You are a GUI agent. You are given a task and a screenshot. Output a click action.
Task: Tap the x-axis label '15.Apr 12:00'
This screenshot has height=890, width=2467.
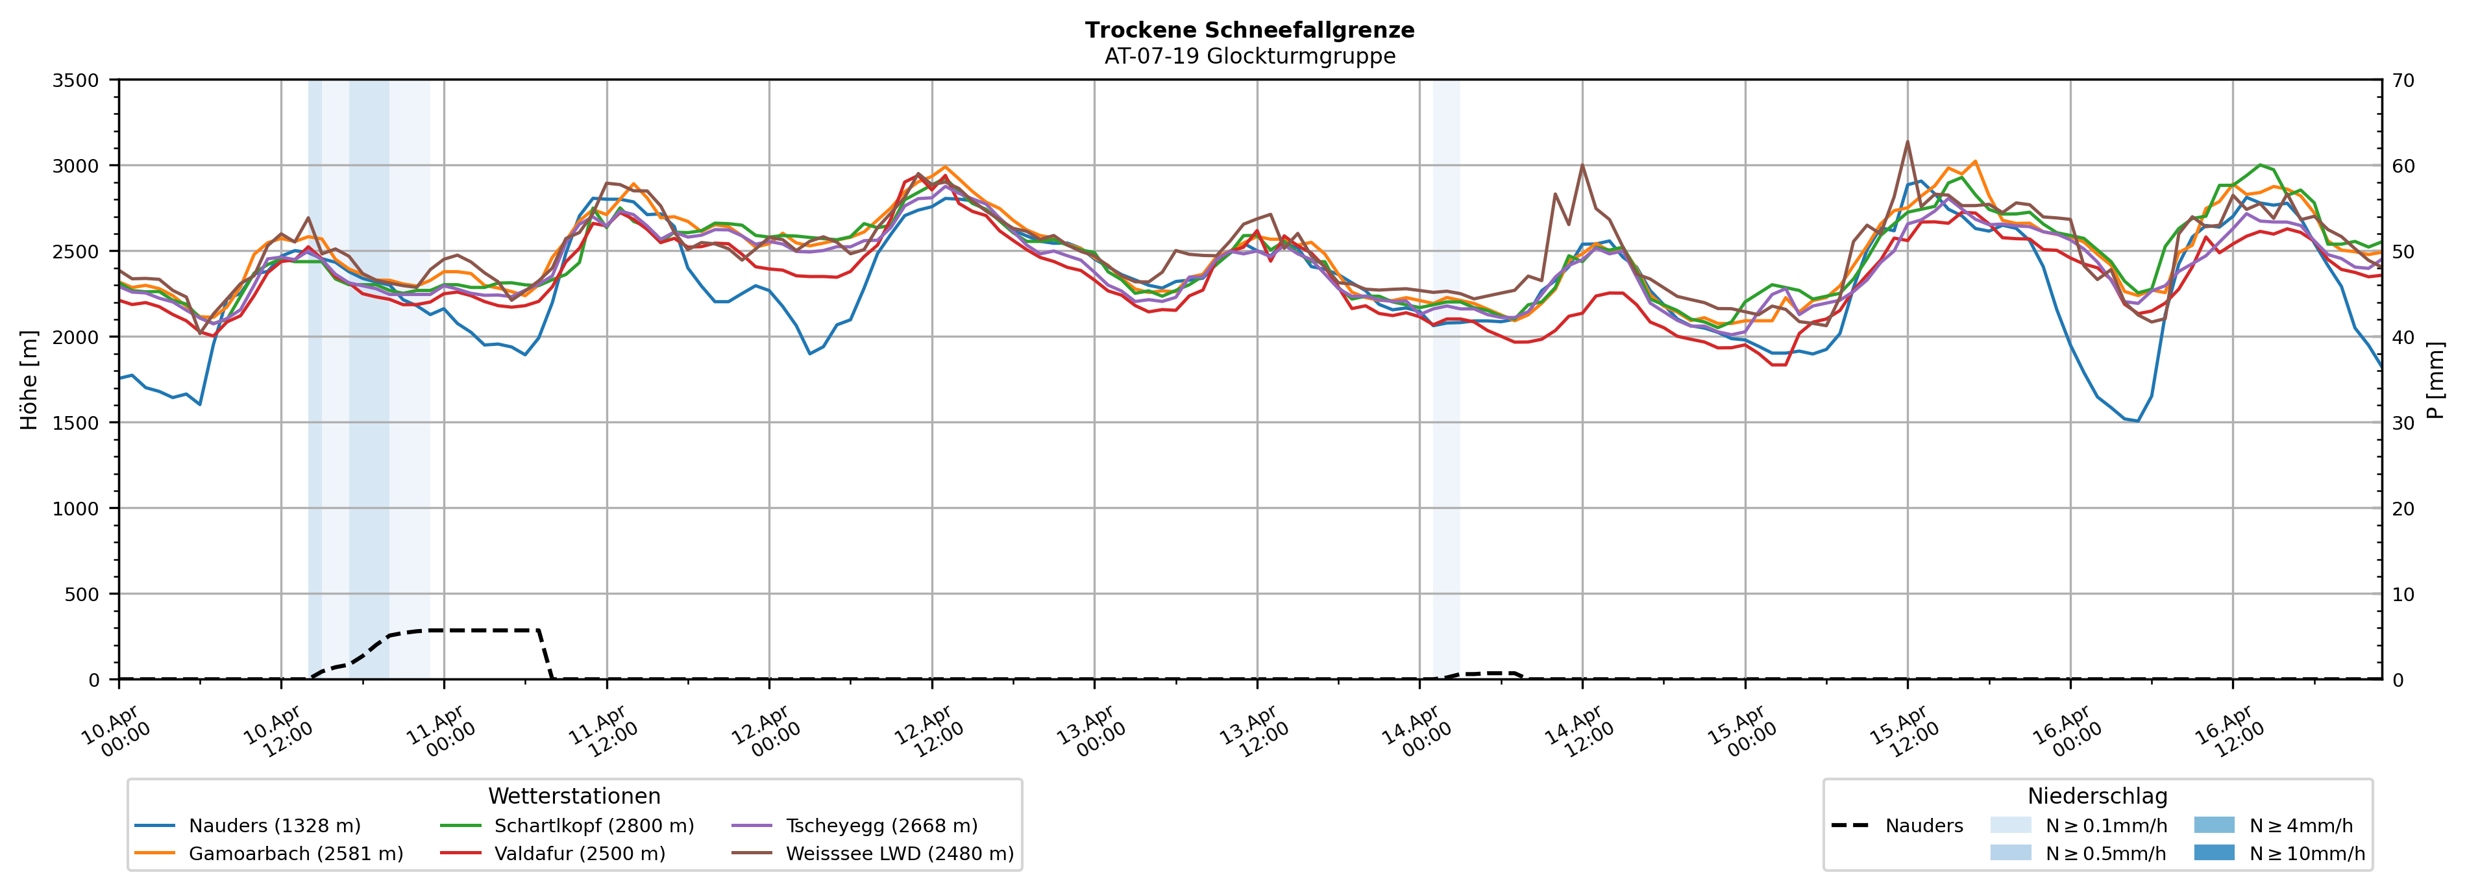click(x=1902, y=733)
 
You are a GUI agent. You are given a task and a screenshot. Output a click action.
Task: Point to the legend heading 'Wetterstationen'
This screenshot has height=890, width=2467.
click(x=574, y=796)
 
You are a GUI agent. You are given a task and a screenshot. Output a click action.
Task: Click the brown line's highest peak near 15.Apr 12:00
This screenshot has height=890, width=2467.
click(x=1908, y=142)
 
